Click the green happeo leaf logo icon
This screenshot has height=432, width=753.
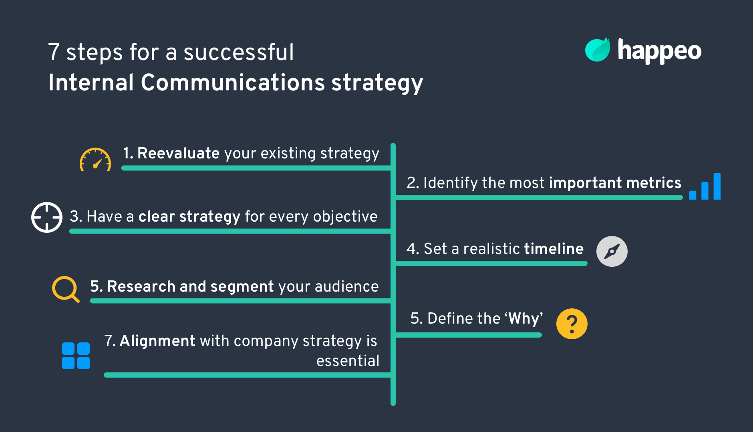coord(597,50)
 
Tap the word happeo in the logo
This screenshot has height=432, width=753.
coord(659,51)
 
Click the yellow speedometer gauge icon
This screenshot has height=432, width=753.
coord(95,160)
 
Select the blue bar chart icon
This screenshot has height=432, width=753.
coord(705,187)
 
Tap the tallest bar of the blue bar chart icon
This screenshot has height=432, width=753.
coord(717,186)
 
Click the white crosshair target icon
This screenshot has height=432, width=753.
coord(47,217)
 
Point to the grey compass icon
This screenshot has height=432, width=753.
coord(612,252)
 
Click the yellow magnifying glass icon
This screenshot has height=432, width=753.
coord(65,288)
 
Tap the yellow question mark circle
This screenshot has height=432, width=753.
coord(572,324)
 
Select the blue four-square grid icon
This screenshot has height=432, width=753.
coord(76,356)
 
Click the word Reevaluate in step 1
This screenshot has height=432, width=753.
coord(178,153)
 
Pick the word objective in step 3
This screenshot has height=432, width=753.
coord(345,216)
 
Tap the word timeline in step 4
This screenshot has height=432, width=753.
coord(554,249)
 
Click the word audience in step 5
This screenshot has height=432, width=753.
coord(346,286)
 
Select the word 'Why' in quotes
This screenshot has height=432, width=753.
coord(523,318)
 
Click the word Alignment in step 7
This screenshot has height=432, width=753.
coord(157,341)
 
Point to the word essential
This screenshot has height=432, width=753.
coord(348,361)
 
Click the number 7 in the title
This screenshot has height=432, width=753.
coord(54,52)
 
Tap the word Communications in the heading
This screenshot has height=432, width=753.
coord(233,83)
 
